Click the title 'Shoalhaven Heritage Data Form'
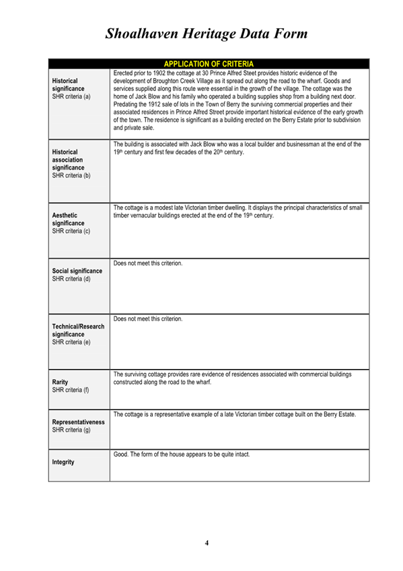(x=207, y=33)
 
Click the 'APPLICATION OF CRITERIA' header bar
(x=209, y=64)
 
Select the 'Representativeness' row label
(x=79, y=422)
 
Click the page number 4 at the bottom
(x=207, y=543)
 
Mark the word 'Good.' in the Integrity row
(x=122, y=455)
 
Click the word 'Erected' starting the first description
(x=124, y=73)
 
